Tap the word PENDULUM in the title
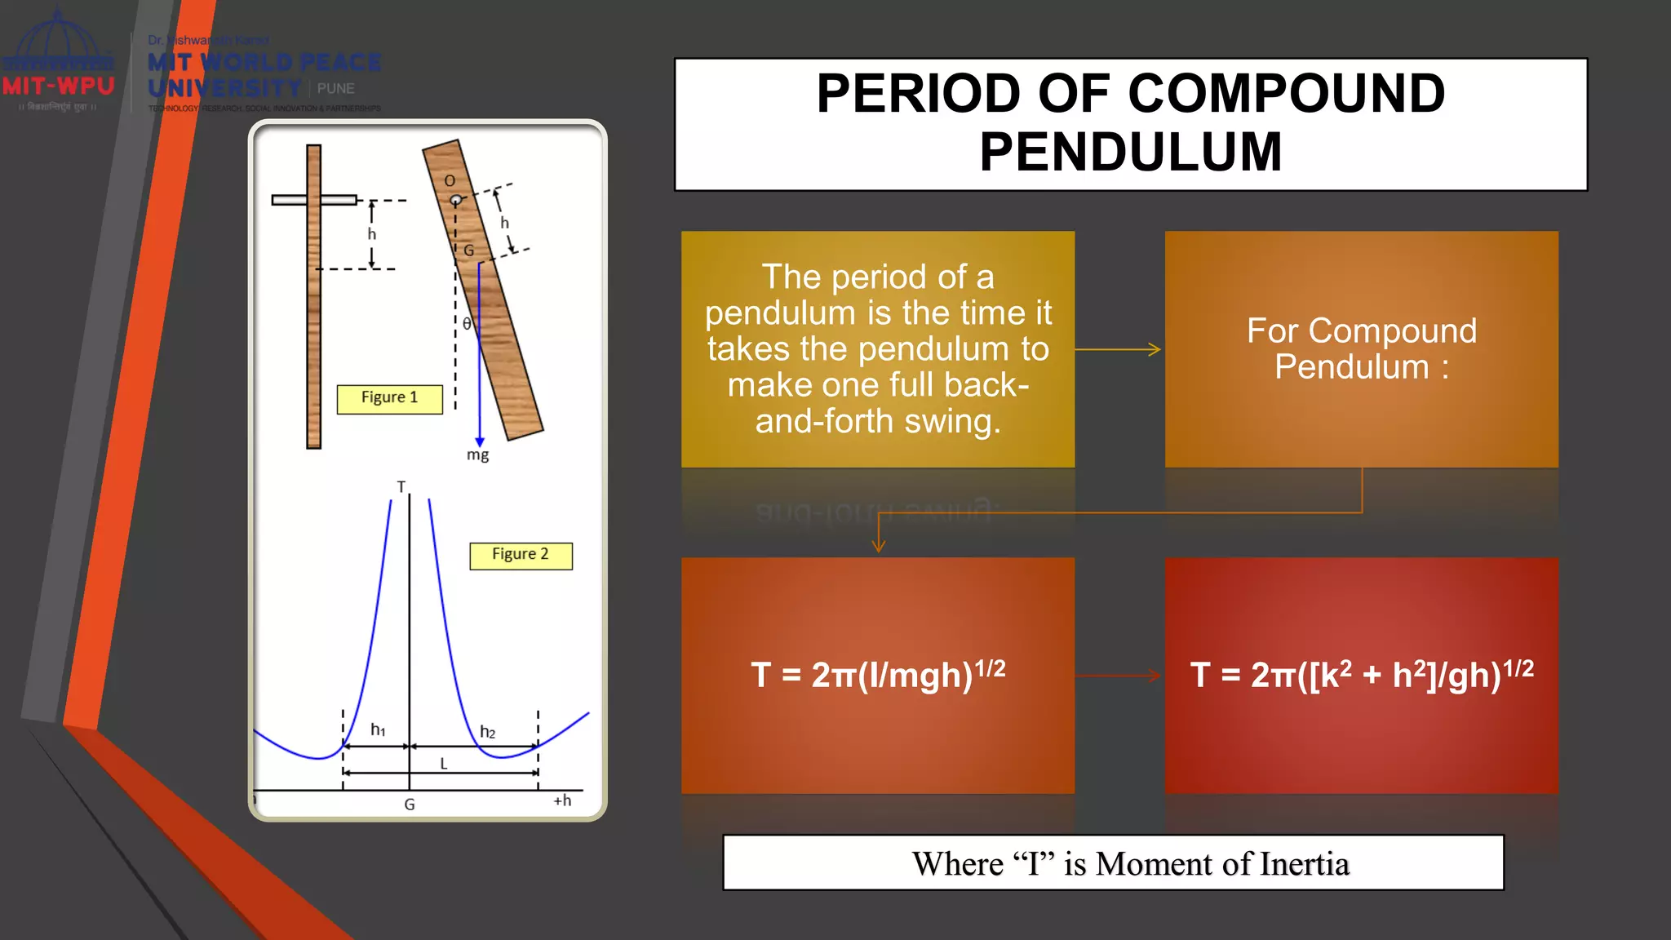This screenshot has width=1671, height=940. click(1130, 152)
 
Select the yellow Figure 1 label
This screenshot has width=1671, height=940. click(389, 398)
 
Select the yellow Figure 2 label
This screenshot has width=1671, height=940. click(521, 555)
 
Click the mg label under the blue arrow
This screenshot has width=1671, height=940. click(478, 455)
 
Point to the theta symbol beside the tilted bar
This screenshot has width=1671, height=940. click(467, 324)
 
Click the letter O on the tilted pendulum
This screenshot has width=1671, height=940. click(450, 180)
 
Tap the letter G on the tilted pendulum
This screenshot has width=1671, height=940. click(469, 251)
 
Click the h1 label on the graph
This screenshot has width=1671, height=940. click(378, 729)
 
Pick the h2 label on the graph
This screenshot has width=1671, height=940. click(487, 732)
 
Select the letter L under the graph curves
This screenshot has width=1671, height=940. click(444, 764)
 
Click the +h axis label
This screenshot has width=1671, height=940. click(562, 800)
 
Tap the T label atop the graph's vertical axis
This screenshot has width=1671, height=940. click(401, 487)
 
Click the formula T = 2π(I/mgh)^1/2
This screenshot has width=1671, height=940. click(878, 675)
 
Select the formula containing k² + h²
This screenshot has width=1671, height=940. click(1361, 675)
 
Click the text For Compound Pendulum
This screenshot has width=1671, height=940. click(1361, 348)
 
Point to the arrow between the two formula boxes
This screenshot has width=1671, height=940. click(1119, 676)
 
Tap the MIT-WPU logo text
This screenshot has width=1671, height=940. click(58, 86)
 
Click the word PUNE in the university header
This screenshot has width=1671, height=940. click(336, 88)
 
